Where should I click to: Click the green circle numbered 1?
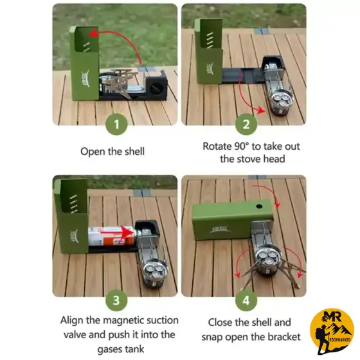[116, 124]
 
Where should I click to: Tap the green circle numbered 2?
[246, 124]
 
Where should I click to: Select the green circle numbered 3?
[116, 300]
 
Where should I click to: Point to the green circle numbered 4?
[246, 300]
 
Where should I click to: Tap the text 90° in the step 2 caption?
[242, 147]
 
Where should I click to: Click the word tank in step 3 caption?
[135, 349]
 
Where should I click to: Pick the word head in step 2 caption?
[274, 159]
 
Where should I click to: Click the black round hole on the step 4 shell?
[259, 206]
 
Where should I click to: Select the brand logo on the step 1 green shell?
[85, 77]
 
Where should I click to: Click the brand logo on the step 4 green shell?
[219, 229]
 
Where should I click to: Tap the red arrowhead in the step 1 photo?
[93, 33]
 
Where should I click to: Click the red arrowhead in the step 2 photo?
[261, 110]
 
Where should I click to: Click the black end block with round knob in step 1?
[157, 86]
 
